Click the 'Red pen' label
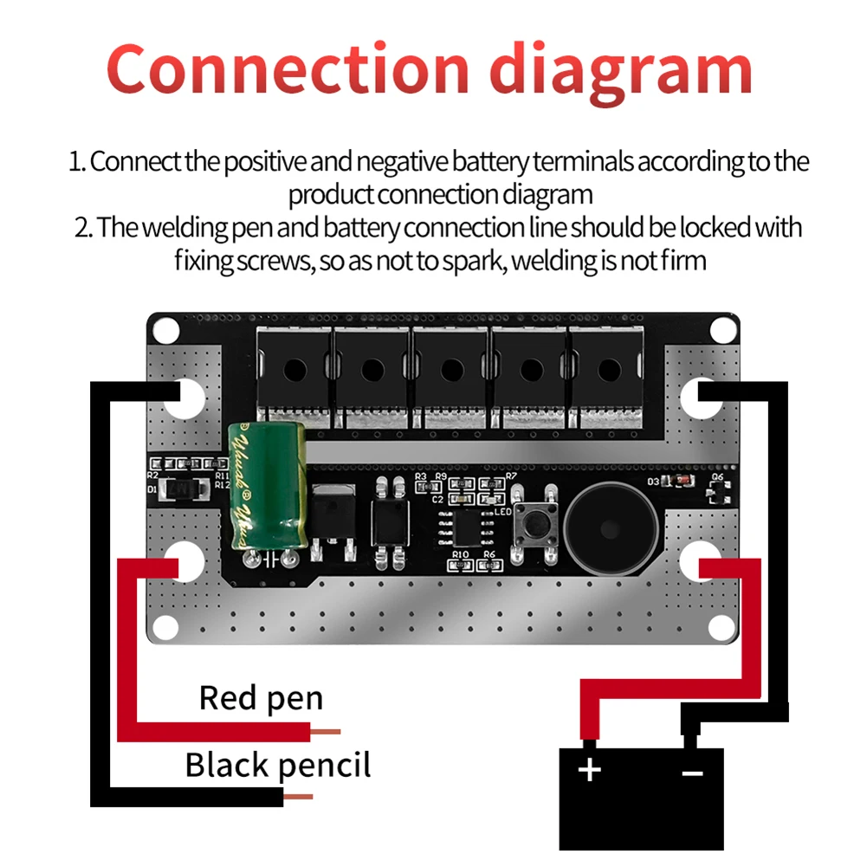[261, 697]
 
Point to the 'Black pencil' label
[277, 766]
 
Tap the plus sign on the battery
[589, 769]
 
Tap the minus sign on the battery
[692, 770]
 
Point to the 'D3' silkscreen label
[654, 482]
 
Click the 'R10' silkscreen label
[459, 554]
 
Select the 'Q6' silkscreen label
[717, 477]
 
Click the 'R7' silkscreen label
[511, 476]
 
